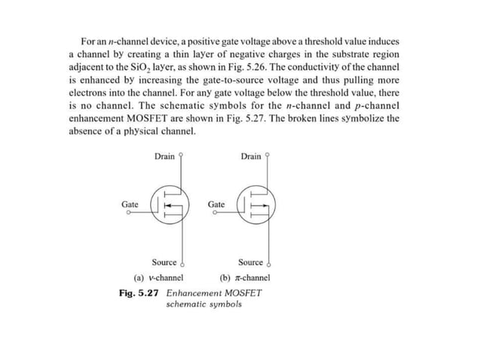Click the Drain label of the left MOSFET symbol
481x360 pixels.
(x=164, y=157)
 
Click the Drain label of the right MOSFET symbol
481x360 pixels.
(x=250, y=157)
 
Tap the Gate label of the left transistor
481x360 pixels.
(x=130, y=204)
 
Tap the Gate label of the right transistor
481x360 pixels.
(x=216, y=204)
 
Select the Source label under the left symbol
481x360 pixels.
(x=164, y=262)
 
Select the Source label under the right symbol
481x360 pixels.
(x=250, y=262)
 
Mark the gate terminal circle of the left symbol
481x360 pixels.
(x=129, y=214)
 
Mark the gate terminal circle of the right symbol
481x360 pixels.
(x=215, y=214)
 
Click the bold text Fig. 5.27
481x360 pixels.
(x=139, y=292)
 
